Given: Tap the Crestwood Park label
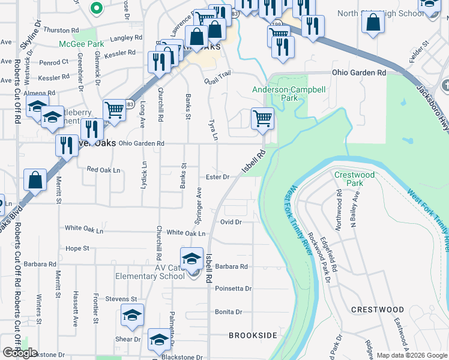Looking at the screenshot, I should click(354, 179).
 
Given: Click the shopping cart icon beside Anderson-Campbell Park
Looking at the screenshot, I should click(262, 118).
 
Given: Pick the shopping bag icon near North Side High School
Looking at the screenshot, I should click(373, 23).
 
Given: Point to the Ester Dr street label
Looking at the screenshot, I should click(217, 177).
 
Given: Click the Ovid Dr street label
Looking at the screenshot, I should click(231, 222).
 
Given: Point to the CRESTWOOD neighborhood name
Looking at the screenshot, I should click(377, 310).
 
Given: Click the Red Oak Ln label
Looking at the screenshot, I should click(104, 170).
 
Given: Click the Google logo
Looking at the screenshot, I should click(20, 353).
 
